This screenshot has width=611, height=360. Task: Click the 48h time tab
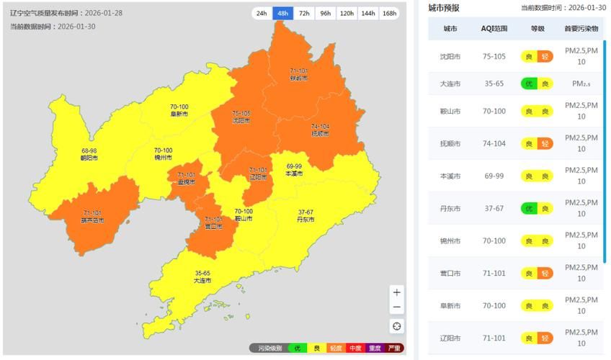coord(282,13)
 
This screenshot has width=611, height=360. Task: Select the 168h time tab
coord(390,13)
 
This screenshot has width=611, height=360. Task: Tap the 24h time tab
coord(262,13)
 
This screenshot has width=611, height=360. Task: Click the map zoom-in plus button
coord(397,292)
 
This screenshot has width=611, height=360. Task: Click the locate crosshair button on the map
coord(397,326)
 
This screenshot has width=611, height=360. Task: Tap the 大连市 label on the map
coord(202,281)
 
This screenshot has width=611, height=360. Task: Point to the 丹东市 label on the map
coord(305,220)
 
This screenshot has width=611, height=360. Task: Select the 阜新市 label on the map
coord(179,114)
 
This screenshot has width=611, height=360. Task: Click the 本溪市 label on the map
coord(294,174)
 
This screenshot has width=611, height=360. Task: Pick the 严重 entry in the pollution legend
coord(394,348)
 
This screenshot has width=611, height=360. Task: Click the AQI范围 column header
coord(494,29)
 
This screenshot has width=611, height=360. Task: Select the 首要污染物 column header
coord(581,29)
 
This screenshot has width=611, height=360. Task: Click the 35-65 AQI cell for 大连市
coord(494,84)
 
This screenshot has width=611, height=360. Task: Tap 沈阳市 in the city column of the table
coord(450,56)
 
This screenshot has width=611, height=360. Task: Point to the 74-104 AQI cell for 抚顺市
coord(494,143)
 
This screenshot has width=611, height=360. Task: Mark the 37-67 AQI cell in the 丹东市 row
coord(494,208)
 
